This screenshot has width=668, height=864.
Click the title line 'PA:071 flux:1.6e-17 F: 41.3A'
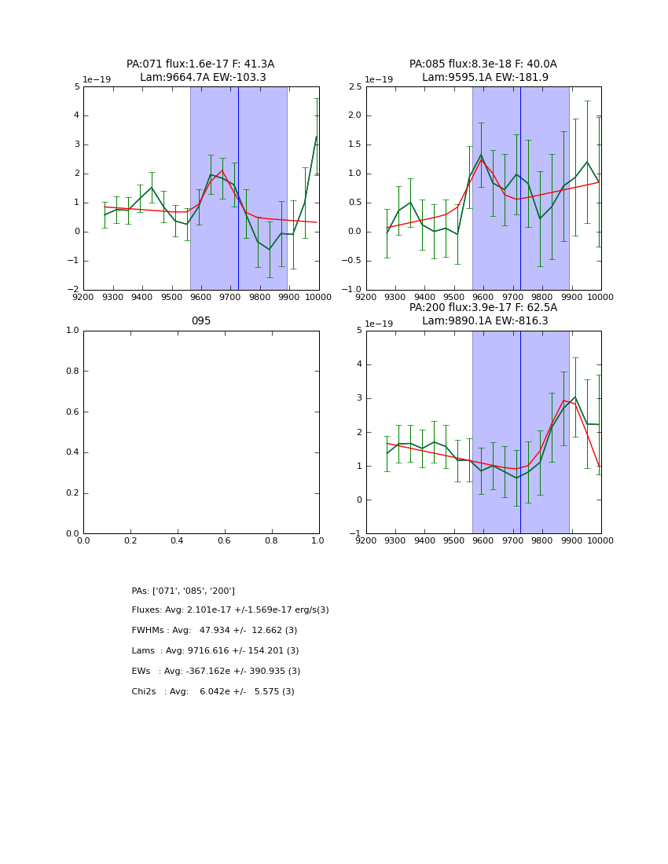(x=200, y=64)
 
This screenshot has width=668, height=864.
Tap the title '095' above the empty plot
(x=201, y=321)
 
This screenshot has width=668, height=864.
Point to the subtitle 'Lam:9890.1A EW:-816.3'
(x=483, y=321)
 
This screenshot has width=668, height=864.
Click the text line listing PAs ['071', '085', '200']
(x=183, y=591)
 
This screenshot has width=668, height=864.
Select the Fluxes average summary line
(x=230, y=610)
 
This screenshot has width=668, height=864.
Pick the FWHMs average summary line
(x=215, y=631)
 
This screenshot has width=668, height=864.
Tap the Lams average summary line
(x=215, y=651)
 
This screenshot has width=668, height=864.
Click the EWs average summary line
(x=216, y=672)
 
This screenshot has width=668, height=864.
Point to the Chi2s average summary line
(x=213, y=692)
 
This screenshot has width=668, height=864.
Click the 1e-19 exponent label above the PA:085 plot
(x=379, y=80)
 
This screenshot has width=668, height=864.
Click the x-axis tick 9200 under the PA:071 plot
(x=83, y=297)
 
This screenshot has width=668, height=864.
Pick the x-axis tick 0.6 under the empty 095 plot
(x=225, y=540)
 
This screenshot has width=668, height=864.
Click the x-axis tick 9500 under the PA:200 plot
(x=453, y=540)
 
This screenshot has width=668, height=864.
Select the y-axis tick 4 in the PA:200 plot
(x=358, y=364)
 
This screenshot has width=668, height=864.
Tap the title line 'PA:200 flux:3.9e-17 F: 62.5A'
(x=483, y=308)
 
